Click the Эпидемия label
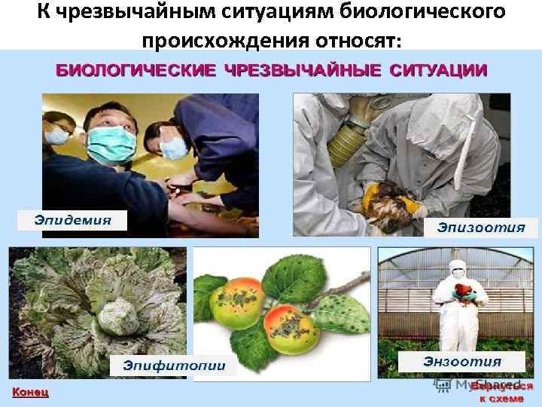[72, 220]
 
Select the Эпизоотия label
[481, 227]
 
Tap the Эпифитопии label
[173, 366]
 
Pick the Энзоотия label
[462, 362]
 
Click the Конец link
[30, 392]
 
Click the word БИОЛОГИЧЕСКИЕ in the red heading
[136, 70]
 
